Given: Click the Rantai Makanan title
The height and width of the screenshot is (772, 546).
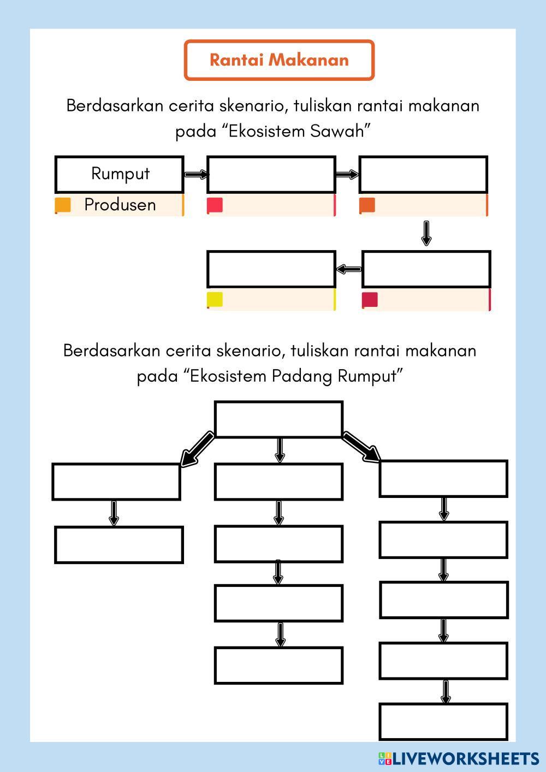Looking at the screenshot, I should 279,60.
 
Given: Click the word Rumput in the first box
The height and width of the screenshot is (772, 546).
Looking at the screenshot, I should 120,174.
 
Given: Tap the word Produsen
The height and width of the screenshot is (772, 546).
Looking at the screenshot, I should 120,205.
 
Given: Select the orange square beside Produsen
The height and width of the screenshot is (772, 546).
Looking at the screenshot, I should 63,205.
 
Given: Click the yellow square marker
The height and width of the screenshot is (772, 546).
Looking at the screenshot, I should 215,300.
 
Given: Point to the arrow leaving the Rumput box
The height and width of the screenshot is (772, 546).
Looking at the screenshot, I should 195,175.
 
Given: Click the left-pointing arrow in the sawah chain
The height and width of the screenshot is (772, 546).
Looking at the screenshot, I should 349,269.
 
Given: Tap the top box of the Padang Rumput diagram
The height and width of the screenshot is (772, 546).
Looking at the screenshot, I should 278,419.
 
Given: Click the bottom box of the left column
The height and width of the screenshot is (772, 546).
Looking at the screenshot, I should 119,545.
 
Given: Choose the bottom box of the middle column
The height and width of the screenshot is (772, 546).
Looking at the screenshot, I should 278,666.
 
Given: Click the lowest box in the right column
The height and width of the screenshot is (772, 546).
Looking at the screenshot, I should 443,722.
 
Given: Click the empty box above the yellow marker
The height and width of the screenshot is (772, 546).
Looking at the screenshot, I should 271,269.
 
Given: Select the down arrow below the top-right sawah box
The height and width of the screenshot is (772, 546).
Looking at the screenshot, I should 426,233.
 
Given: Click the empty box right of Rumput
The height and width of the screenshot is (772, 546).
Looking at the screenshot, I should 271,175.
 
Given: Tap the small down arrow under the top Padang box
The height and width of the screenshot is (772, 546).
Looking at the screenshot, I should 280,450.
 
